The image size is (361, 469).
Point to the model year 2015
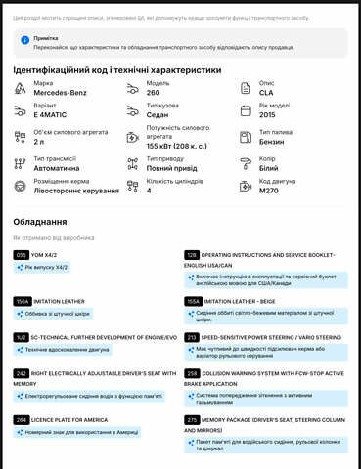point(274,114)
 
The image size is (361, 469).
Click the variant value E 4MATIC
point(55,114)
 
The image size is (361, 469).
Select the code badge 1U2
point(21,337)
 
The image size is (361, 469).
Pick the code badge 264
point(21,419)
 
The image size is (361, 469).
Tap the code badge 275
point(192,419)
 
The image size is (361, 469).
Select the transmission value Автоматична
point(57,167)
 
